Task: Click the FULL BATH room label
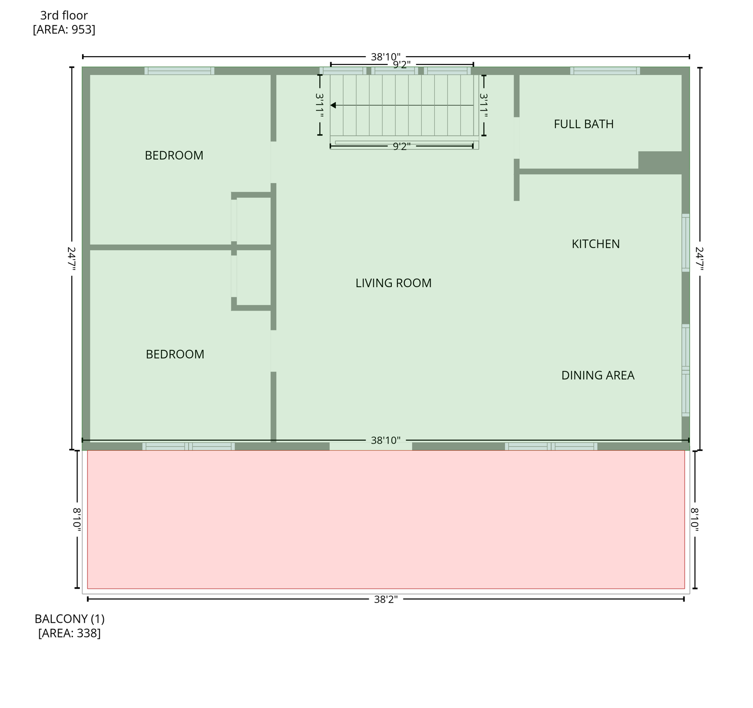pos(584,124)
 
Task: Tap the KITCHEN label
pos(596,244)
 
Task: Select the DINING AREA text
pos(598,375)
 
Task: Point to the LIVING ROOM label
pos(393,283)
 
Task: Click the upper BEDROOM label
pos(174,155)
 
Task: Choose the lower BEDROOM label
pos(175,354)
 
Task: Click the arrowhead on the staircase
pos(333,106)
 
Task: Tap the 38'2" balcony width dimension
pos(386,599)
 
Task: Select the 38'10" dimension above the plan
pos(386,57)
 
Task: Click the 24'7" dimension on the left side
pos(72,259)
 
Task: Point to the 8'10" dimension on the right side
pos(694,519)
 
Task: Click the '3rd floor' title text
pos(64,15)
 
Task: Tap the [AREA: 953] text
pos(64,29)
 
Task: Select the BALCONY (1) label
pos(70,619)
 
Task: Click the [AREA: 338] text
pos(69,633)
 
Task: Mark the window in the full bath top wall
pos(605,71)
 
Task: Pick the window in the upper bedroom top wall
pos(179,71)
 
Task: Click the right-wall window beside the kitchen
pos(686,242)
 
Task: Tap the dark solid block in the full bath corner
pos(660,162)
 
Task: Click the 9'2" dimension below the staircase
pos(401,147)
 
